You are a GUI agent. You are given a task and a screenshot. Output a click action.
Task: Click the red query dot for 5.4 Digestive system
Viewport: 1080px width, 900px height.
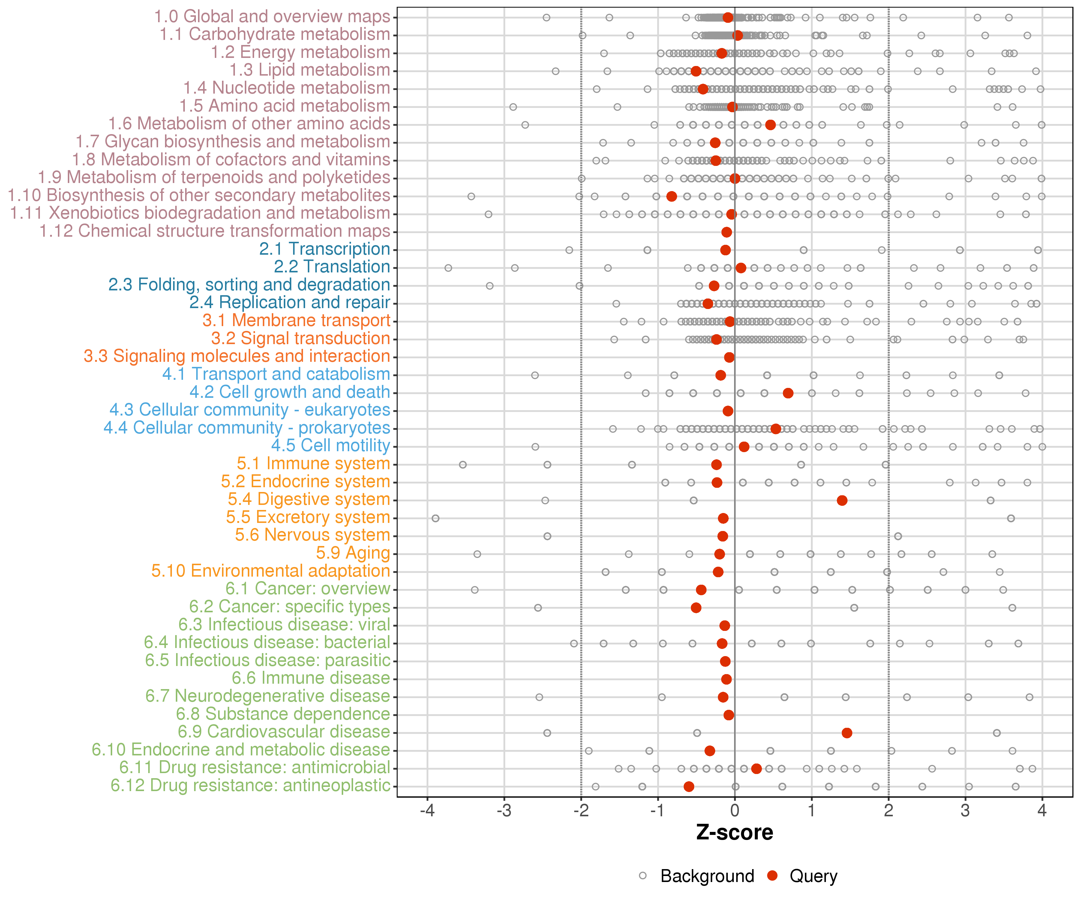click(842, 500)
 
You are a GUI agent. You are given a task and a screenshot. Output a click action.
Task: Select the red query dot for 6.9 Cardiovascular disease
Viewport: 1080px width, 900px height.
click(847, 733)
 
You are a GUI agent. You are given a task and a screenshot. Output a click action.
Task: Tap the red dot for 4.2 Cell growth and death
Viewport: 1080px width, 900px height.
click(788, 393)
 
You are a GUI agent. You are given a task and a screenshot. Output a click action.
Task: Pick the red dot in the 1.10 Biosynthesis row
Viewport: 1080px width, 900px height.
click(672, 196)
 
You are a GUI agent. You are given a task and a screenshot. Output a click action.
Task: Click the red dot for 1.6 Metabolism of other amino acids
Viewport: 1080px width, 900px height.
click(770, 125)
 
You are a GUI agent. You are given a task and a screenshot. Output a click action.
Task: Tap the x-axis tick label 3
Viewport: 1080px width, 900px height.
click(965, 811)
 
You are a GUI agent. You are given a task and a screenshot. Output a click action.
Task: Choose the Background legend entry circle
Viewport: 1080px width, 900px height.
click(643, 876)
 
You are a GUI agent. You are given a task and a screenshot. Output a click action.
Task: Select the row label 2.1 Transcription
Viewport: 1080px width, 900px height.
click(325, 249)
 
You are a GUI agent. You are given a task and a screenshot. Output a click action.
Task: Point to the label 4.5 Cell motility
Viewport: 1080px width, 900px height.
click(331, 445)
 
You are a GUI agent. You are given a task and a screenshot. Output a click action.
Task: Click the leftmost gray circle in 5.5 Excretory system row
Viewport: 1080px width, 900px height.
click(436, 518)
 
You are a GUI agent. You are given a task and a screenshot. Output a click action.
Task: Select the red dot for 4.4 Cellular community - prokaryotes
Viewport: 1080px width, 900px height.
click(775, 429)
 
